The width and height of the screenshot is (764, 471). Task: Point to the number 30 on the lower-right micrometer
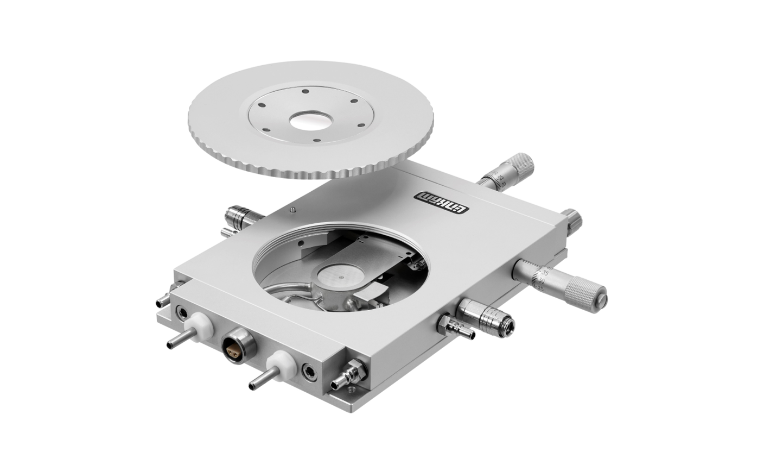click(541, 280)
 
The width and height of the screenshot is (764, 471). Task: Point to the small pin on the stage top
click(293, 210)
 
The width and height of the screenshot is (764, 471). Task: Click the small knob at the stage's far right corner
click(572, 221)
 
